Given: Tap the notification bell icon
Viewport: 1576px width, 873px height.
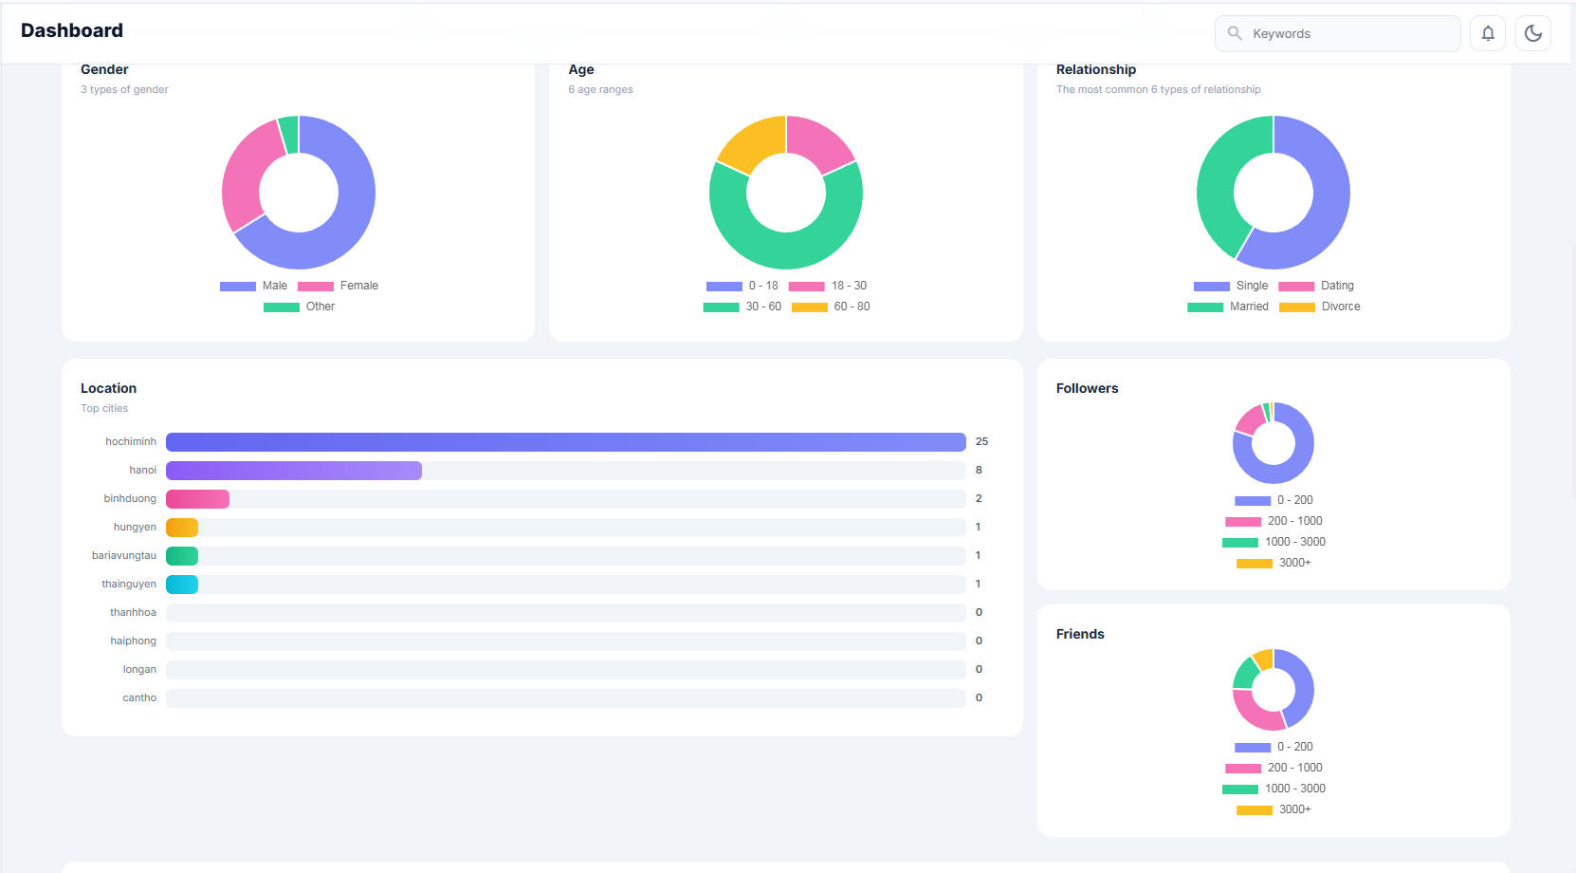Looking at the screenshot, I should (1488, 33).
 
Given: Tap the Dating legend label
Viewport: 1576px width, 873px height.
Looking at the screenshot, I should (1336, 286).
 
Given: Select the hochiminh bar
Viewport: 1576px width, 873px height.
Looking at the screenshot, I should (565, 442).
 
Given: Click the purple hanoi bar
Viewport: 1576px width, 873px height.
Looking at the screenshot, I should (294, 471).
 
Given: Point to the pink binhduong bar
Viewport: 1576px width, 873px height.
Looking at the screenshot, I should (197, 499).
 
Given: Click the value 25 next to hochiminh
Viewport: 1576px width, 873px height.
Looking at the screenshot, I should (981, 441).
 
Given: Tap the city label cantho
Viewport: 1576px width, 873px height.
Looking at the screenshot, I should (139, 697).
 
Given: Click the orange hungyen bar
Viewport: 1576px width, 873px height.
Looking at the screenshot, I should (182, 528).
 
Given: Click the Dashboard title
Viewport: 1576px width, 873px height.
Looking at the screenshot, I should (72, 30).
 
